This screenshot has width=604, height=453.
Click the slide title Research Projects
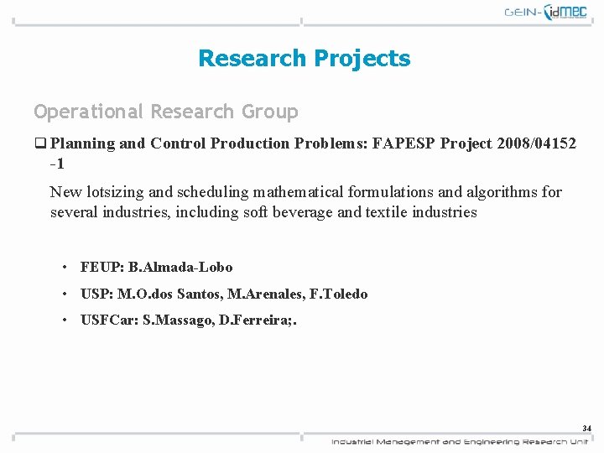[x=304, y=58]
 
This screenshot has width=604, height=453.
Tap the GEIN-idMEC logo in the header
[x=546, y=13]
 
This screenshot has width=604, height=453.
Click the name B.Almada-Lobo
[x=180, y=267]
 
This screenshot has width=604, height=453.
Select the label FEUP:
[x=102, y=267]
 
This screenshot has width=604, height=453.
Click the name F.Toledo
[x=343, y=294]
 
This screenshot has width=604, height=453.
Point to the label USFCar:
[x=109, y=320]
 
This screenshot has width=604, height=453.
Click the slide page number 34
[x=586, y=429]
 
